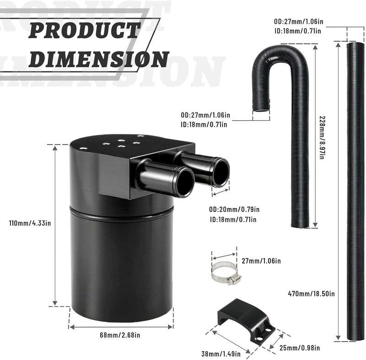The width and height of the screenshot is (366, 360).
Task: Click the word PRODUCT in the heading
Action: click(84, 31)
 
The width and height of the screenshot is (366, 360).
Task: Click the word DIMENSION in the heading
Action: click(102, 59)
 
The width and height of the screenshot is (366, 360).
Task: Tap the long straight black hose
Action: click(355, 192)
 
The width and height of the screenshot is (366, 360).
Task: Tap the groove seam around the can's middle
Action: click(121, 210)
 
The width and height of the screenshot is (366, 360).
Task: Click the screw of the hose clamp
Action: click(233, 279)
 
